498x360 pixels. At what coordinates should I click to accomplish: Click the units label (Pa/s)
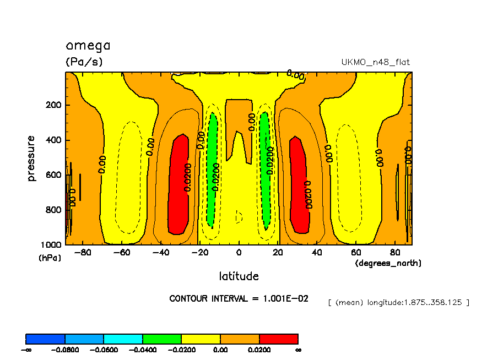(84, 62)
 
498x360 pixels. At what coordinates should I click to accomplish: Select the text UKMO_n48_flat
(376, 62)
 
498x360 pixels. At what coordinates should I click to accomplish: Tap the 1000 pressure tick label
(51, 244)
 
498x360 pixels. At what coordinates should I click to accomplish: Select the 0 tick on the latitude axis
(239, 253)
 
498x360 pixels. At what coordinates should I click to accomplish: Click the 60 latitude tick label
(356, 253)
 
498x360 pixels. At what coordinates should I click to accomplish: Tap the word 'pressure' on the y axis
(31, 159)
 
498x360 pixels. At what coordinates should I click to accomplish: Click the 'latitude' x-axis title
(239, 276)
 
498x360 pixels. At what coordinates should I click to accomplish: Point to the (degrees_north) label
(388, 263)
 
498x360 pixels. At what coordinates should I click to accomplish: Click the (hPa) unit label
(50, 258)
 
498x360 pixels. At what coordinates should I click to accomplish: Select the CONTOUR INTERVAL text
(239, 298)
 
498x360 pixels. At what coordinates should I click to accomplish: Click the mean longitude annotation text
(398, 302)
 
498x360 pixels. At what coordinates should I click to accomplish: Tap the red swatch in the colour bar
(279, 339)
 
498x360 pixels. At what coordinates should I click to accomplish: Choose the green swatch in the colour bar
(162, 339)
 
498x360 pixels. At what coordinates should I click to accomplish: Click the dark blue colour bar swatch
(46, 339)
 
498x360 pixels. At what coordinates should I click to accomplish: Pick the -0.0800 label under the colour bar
(65, 350)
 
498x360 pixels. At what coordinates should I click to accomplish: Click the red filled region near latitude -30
(180, 184)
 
